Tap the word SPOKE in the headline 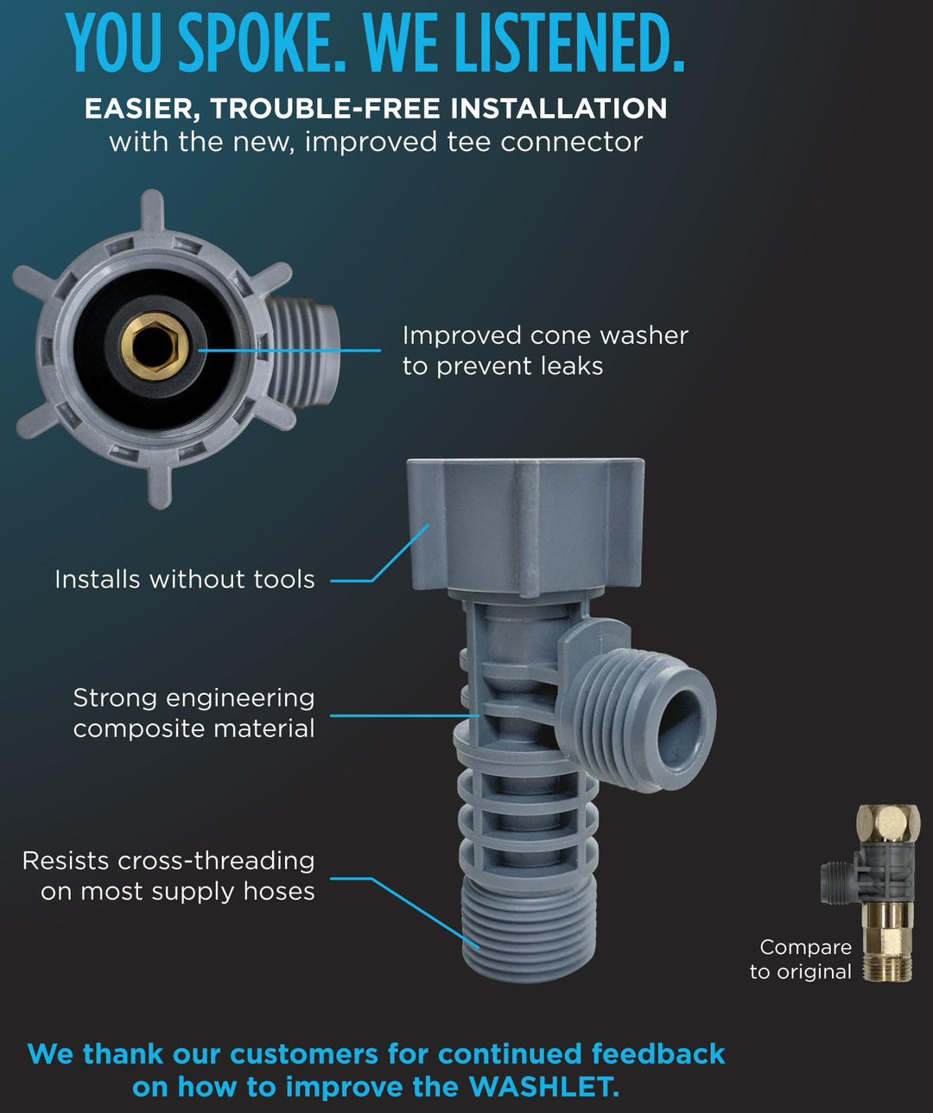262,42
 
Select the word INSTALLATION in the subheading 558,108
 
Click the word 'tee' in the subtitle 468,143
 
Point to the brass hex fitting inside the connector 155,347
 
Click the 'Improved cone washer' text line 545,336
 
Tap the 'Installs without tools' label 184,580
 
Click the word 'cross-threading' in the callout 216,861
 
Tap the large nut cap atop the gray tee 525,529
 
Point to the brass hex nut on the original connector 888,824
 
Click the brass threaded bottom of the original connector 886,965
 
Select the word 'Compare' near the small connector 806,947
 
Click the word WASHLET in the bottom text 543,1086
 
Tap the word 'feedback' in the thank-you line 658,1053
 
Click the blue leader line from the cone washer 289,350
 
